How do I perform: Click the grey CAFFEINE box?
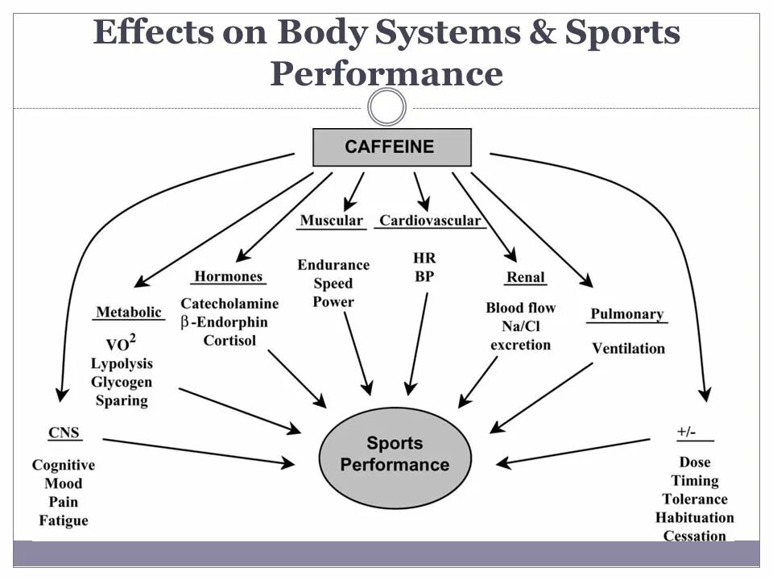(x=391, y=147)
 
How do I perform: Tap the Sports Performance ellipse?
(x=395, y=454)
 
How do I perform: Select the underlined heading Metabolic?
(x=129, y=313)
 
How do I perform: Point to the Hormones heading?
(x=229, y=276)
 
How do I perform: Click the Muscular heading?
(x=331, y=221)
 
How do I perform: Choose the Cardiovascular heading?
(x=430, y=221)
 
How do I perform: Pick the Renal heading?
(x=525, y=278)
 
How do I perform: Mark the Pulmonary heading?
(x=626, y=314)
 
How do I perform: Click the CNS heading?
(x=64, y=433)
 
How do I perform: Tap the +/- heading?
(x=686, y=433)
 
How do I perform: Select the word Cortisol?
(x=229, y=340)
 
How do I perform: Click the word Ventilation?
(x=628, y=349)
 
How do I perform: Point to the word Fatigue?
(x=64, y=520)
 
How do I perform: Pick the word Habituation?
(x=694, y=518)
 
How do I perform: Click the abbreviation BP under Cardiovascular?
(x=424, y=276)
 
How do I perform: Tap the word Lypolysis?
(x=122, y=363)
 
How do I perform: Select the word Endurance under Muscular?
(x=333, y=265)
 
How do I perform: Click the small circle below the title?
(x=386, y=107)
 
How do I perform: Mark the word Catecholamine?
(x=229, y=304)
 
